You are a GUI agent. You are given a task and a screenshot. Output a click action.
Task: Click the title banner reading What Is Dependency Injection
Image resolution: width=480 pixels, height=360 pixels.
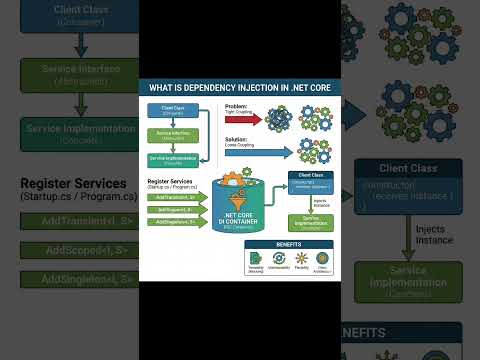click(239, 88)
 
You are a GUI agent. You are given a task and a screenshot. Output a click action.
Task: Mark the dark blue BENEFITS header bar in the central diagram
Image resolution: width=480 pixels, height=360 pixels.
click(288, 243)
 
